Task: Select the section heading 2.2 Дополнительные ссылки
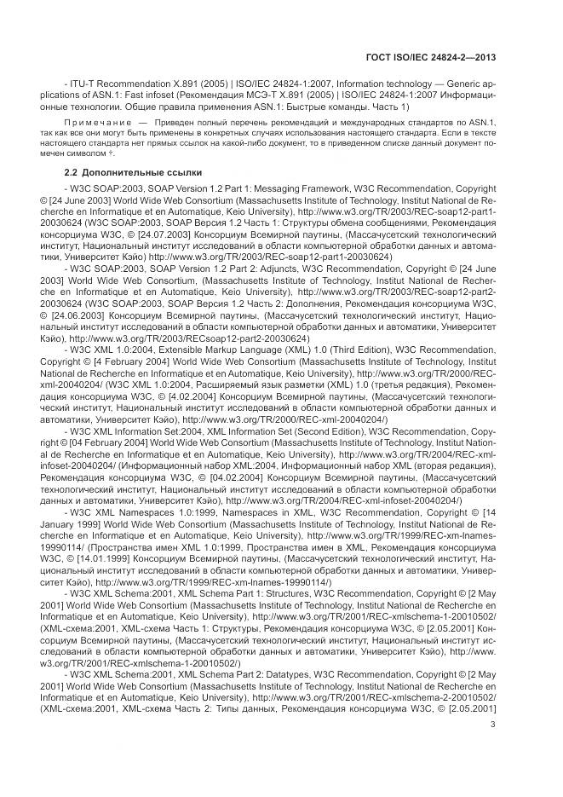tap(117, 172)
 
